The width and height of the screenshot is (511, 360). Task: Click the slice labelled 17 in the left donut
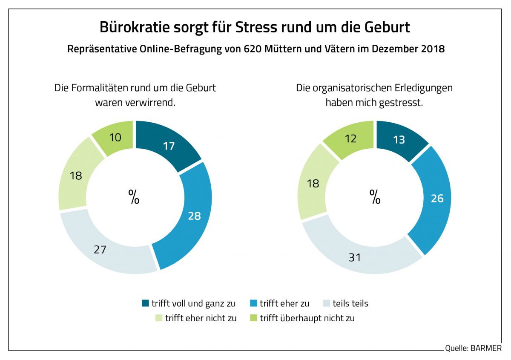click(x=169, y=146)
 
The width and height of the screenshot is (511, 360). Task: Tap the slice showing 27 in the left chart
click(x=100, y=249)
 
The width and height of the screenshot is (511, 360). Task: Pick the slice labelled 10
click(x=115, y=137)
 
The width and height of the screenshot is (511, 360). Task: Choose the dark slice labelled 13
click(x=399, y=139)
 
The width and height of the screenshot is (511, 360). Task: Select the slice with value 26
click(x=436, y=198)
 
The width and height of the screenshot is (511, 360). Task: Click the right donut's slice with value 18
click(x=314, y=183)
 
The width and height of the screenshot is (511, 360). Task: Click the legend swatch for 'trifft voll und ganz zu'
click(x=146, y=304)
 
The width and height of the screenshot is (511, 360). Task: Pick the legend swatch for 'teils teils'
click(x=327, y=304)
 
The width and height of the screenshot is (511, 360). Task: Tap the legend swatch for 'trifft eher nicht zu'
click(x=158, y=318)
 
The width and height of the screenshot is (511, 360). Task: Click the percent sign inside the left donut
click(x=134, y=197)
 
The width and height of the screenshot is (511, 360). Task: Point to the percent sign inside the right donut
click(x=375, y=197)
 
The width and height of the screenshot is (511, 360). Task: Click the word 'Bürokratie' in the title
click(x=134, y=27)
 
